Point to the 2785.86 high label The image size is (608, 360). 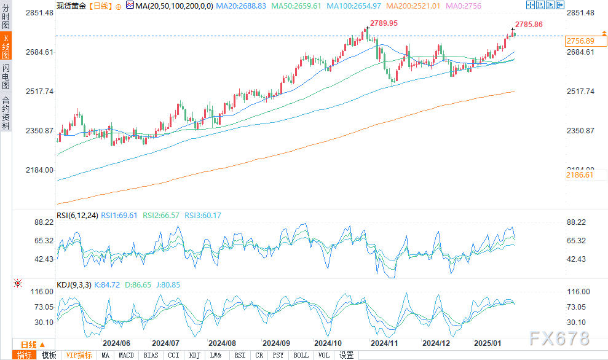pyautogui.click(x=529, y=25)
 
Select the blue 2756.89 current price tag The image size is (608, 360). pyautogui.click(x=580, y=41)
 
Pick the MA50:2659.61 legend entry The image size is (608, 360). pyautogui.click(x=315, y=5)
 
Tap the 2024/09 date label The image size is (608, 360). pyautogui.click(x=277, y=343)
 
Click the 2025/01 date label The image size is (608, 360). pyautogui.click(x=487, y=343)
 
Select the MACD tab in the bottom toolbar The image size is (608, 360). pyautogui.click(x=127, y=355)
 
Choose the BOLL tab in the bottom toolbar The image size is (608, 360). pyautogui.click(x=301, y=355)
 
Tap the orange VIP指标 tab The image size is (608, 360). pyautogui.click(x=79, y=355)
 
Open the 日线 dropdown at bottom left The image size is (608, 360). pyautogui.click(x=31, y=344)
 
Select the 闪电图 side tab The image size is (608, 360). pyautogui.click(x=6, y=76)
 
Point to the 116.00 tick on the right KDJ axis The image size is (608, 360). pyautogui.click(x=578, y=291)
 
